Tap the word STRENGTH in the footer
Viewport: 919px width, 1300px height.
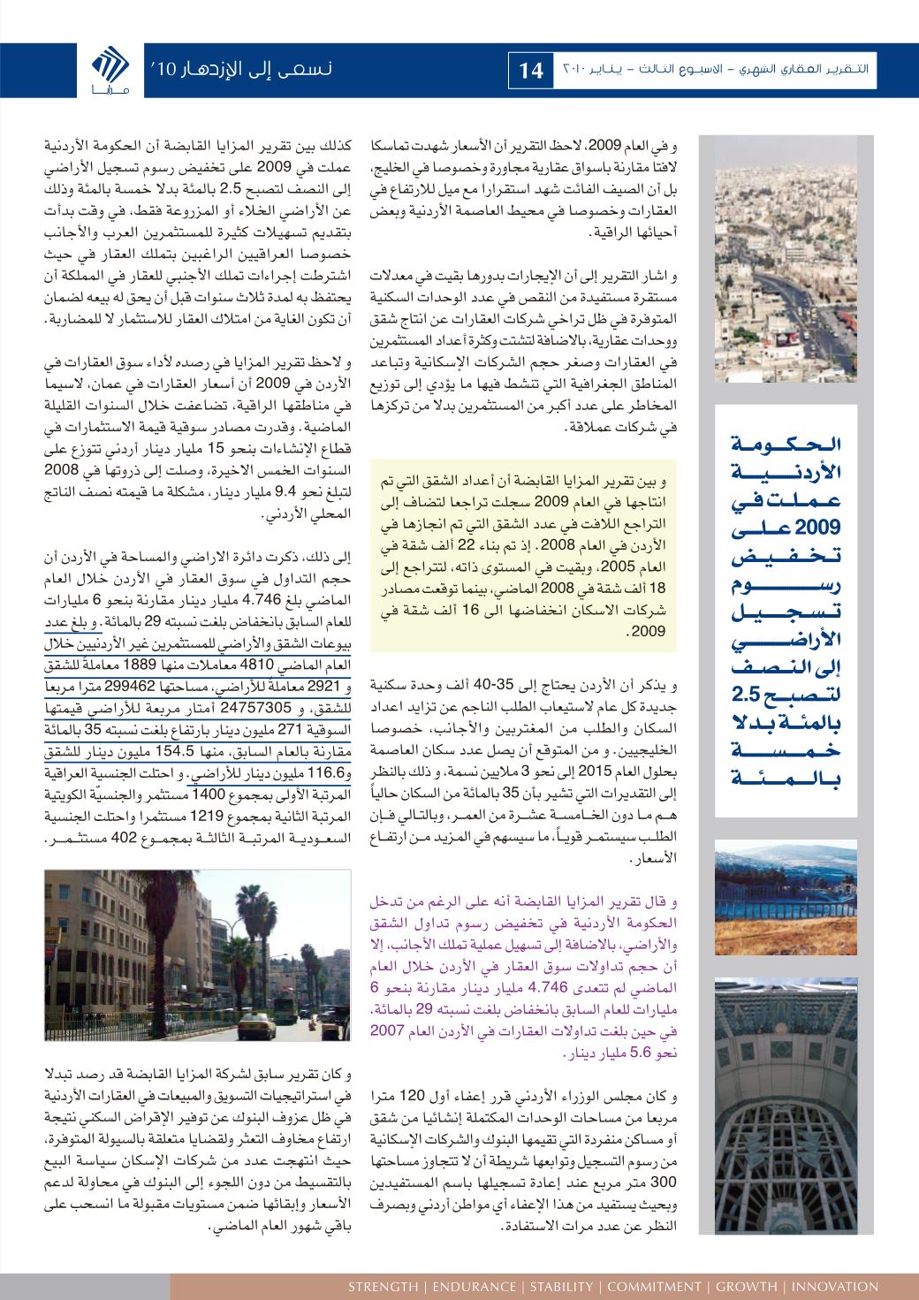click(x=384, y=1287)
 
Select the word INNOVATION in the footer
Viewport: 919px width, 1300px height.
click(x=836, y=1287)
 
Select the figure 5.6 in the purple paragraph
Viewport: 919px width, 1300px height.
click(x=660, y=1053)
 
